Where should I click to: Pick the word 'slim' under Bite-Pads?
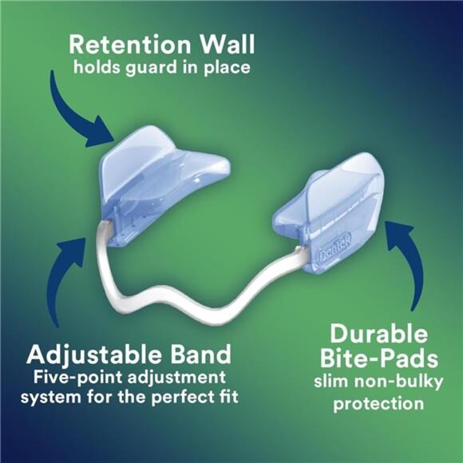point(330,381)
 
